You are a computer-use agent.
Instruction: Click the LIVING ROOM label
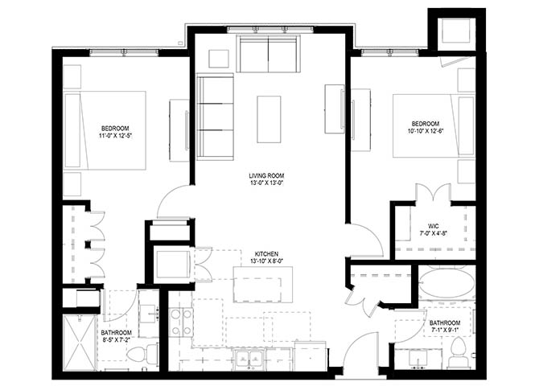pyautogui.click(x=266, y=176)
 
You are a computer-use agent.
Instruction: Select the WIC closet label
pyautogui.click(x=433, y=226)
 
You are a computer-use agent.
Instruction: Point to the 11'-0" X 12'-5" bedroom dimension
pyautogui.click(x=115, y=136)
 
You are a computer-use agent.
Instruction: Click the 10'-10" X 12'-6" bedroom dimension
pyautogui.click(x=426, y=130)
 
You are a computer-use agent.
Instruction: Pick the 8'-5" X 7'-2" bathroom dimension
pyautogui.click(x=116, y=339)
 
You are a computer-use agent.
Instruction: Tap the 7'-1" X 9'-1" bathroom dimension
pyautogui.click(x=445, y=330)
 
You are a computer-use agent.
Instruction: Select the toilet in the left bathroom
pyautogui.click(x=142, y=354)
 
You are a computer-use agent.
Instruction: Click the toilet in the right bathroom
pyautogui.click(x=458, y=353)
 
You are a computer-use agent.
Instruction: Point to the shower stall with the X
pyautogui.click(x=80, y=343)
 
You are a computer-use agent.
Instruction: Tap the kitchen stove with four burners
pyautogui.click(x=181, y=322)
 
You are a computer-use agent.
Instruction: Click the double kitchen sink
pyautogui.click(x=249, y=359)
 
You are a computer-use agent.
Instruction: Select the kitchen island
pyautogui.click(x=263, y=284)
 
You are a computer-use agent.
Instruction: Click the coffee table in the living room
pyautogui.click(x=269, y=119)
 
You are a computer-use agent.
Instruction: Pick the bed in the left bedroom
pyautogui.click(x=105, y=130)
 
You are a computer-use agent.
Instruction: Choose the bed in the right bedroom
pyautogui.click(x=434, y=125)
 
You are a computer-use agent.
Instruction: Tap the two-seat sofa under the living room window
pyautogui.click(x=268, y=54)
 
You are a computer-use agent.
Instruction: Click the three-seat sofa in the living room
pyautogui.click(x=215, y=117)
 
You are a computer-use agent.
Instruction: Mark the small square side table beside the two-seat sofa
pyautogui.click(x=219, y=59)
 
